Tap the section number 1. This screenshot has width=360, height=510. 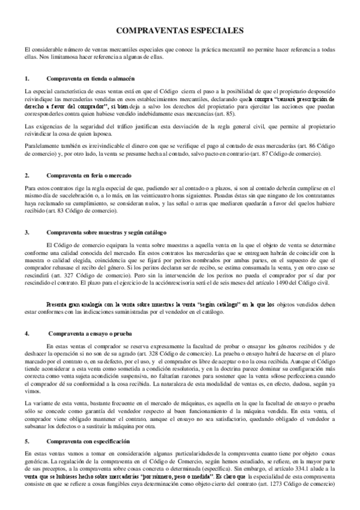point(27,79)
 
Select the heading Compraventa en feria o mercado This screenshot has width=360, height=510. point(90,175)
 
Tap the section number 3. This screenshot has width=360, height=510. point(27,232)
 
